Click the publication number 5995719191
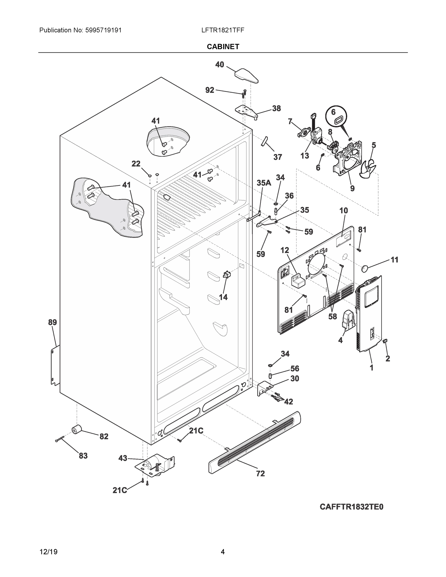tap(103, 30)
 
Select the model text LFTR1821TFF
tap(222, 30)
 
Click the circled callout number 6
tap(333, 112)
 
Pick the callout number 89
tap(52, 322)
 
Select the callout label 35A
tap(264, 182)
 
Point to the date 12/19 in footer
tap(48, 552)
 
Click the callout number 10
tap(344, 211)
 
